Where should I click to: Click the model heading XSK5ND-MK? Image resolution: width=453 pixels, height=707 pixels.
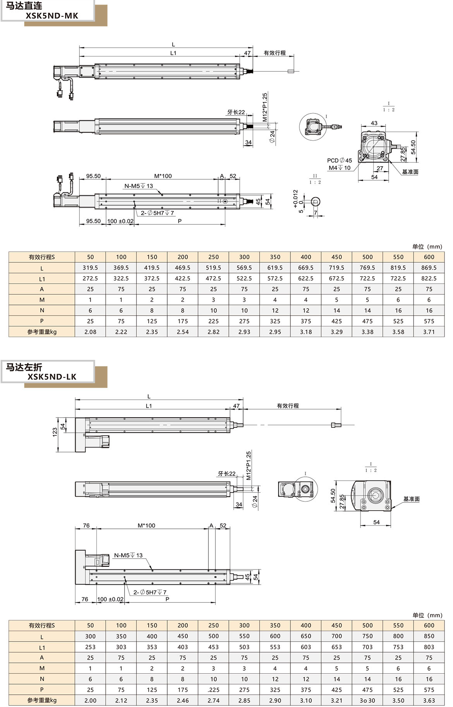coord(52,16)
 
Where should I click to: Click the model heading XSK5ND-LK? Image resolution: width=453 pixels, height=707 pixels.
coord(52,377)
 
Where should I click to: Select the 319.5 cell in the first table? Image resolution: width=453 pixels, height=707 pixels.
coord(90,268)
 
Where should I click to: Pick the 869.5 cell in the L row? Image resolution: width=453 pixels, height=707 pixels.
coord(429,268)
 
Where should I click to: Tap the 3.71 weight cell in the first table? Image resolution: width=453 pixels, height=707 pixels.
coord(429,332)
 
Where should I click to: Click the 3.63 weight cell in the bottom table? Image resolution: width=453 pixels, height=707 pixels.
coord(429,700)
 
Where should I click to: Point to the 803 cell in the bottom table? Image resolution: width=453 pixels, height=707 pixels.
coord(429,647)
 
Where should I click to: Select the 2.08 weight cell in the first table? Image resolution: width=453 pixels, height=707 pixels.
coord(90,332)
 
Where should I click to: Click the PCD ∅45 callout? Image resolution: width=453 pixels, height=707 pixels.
coord(340,160)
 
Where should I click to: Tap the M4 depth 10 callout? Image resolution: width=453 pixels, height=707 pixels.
coord(340,168)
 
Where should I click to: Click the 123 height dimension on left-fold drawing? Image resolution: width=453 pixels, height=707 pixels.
coord(55,432)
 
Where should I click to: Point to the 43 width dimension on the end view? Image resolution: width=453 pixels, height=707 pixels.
coord(374,123)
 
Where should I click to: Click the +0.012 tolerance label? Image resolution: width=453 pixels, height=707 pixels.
coord(296,199)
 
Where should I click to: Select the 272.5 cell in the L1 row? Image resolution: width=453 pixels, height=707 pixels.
coord(90,279)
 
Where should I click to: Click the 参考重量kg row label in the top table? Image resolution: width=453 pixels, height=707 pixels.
coord(42,332)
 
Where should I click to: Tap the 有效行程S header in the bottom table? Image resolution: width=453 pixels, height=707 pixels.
coord(42,625)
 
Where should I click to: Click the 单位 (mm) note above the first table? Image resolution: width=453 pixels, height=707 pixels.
coord(427,247)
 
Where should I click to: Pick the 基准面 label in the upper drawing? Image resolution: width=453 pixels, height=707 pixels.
coord(410,172)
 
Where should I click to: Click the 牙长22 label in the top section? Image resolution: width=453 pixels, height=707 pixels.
coord(236,112)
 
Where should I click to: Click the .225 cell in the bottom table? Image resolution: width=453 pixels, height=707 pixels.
coord(213,690)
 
